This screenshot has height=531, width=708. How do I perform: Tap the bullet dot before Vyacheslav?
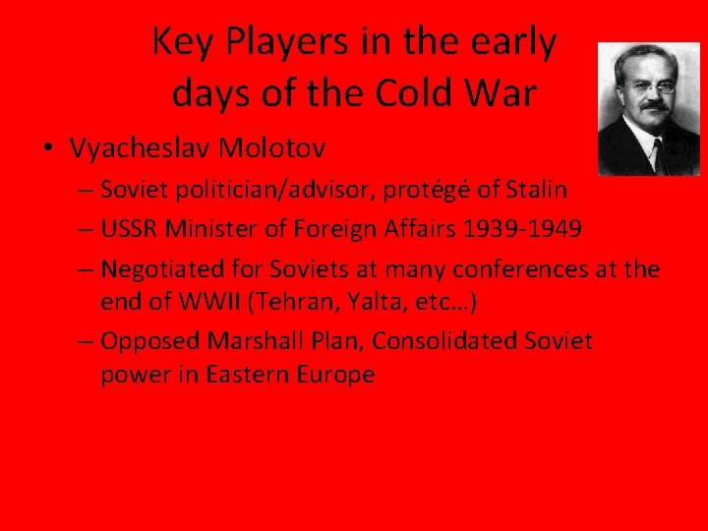coord(47,149)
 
